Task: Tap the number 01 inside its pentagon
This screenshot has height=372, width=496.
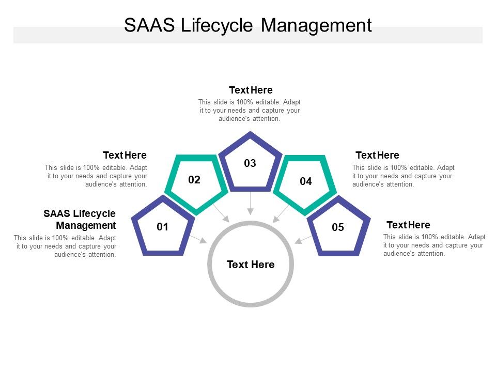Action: [x=163, y=227]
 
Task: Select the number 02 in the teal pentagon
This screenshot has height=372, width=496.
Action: [x=194, y=180]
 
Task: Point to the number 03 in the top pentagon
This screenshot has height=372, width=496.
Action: [x=250, y=163]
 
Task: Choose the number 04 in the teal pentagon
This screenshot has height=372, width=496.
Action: [x=306, y=181]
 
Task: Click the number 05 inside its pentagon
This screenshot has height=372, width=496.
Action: [x=338, y=227]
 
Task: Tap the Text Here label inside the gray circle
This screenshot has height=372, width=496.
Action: [x=251, y=265]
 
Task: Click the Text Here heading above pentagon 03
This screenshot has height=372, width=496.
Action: [x=251, y=90]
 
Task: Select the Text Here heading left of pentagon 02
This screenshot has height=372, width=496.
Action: [x=125, y=155]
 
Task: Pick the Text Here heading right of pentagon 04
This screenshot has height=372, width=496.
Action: [x=377, y=155]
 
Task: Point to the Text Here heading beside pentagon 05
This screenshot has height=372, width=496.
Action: [x=408, y=225]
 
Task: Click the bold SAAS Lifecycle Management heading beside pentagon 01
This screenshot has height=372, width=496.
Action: [x=80, y=220]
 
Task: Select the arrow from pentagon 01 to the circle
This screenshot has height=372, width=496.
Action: [x=198, y=239]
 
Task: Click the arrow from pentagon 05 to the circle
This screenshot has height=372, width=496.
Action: [x=303, y=239]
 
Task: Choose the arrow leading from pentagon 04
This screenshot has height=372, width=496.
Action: [x=281, y=213]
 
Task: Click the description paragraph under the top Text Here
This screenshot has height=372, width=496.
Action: [x=250, y=110]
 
